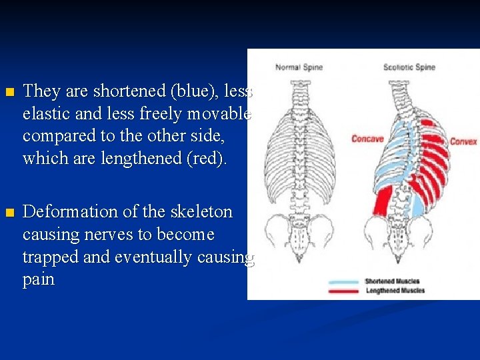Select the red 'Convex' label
[463, 141]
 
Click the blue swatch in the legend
[344, 282]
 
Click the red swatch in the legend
[344, 291]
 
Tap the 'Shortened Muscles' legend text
[392, 281]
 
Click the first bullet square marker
[9, 92]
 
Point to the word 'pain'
[38, 279]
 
